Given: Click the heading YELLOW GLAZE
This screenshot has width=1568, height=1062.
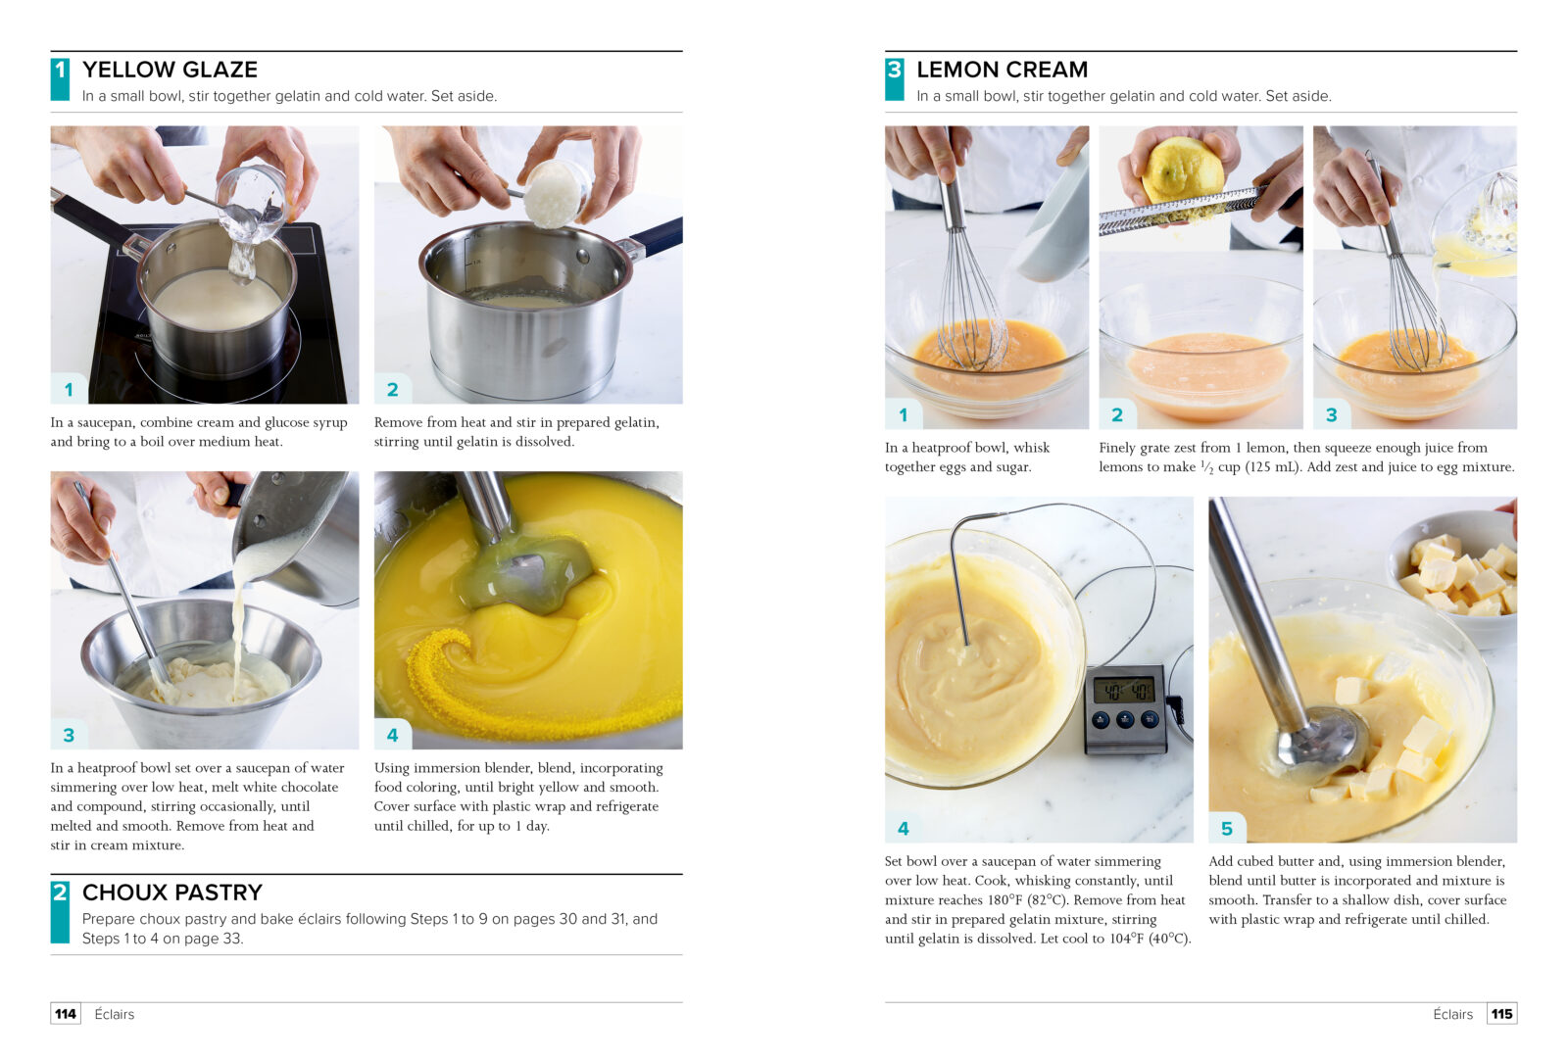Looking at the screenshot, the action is pyautogui.click(x=171, y=70).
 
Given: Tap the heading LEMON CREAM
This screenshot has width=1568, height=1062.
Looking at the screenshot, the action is pyautogui.click(x=1002, y=70).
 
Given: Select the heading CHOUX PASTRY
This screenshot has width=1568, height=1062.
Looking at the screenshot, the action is pyautogui.click(x=172, y=892).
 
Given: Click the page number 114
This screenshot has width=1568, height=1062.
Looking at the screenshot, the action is pyautogui.click(x=66, y=1014).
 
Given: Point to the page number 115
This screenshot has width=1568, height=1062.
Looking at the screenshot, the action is pyautogui.click(x=1501, y=1014).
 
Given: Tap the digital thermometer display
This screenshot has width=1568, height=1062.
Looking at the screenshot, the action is pyautogui.click(x=1124, y=692).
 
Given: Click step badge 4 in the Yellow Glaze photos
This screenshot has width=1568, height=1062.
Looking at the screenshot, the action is pyautogui.click(x=393, y=735).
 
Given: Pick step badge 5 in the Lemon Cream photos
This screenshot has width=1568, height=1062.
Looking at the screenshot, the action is pyautogui.click(x=1226, y=828).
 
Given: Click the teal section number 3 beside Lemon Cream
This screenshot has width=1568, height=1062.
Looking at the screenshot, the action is pyautogui.click(x=894, y=78).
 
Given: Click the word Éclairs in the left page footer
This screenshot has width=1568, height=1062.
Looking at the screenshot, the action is pyautogui.click(x=114, y=1014).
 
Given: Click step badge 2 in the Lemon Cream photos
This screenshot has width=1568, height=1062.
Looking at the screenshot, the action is pyautogui.click(x=1117, y=414).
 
